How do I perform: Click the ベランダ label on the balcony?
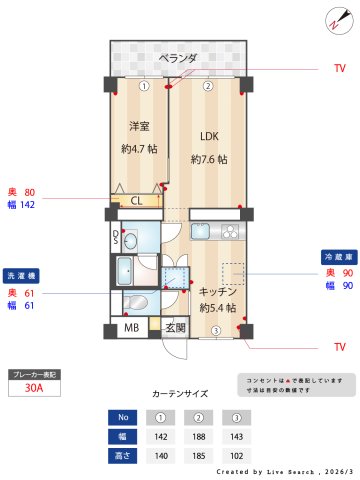coord(179,58)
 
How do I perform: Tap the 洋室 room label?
coord(138,126)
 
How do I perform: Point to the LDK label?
coord(208,136)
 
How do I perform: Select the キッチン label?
coord(217,290)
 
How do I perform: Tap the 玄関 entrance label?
coord(175,328)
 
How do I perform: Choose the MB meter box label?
coord(131,328)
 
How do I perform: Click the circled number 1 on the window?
coord(144,86)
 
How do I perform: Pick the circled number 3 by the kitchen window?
coord(214,332)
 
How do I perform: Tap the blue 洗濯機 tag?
coord(21,275)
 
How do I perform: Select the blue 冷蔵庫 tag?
coord(336,257)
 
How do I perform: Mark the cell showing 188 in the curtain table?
coord(200,436)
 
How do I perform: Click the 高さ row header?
coord(123,456)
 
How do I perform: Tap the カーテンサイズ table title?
coord(181,394)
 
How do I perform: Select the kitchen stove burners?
coord(230,232)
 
